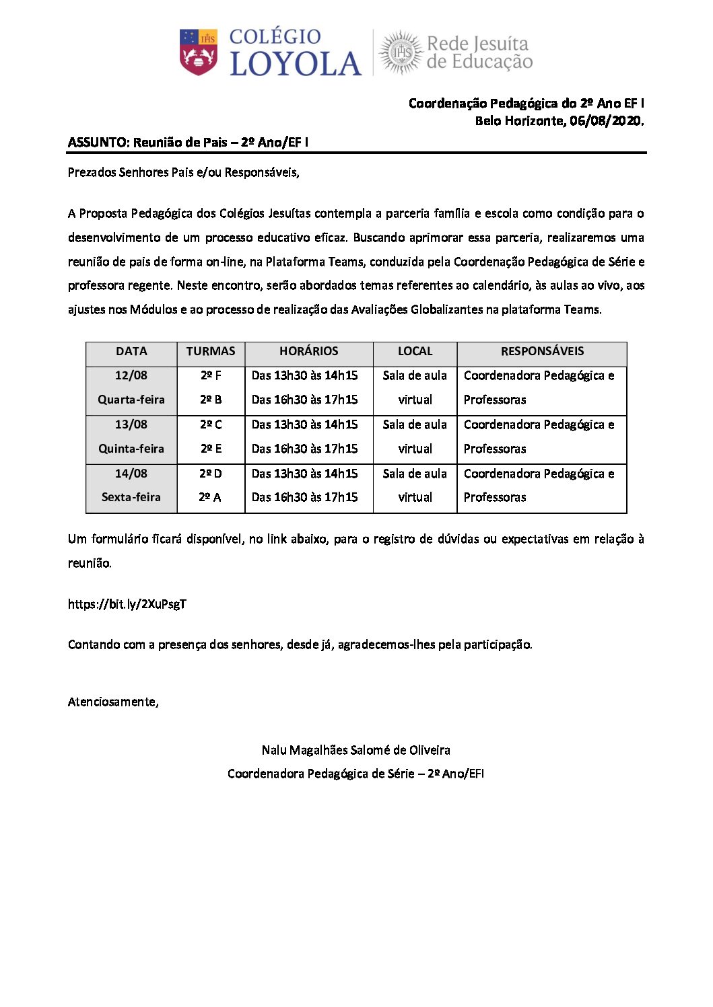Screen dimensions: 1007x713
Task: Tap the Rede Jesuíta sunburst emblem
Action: point(401,52)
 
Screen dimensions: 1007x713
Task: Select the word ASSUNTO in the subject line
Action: point(98,143)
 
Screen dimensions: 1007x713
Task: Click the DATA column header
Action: point(131,351)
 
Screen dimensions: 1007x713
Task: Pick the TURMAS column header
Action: point(211,351)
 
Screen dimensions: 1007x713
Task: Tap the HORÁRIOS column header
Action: point(309,351)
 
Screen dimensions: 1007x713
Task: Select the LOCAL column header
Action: point(415,351)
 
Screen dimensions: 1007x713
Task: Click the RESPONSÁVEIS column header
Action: point(542,351)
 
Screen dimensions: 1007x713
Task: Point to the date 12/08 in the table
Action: point(131,375)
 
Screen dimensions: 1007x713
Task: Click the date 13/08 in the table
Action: point(131,424)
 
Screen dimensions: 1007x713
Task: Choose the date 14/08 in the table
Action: point(131,474)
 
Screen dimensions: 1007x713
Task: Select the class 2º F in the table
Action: point(211,375)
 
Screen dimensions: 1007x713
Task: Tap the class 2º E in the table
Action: point(211,449)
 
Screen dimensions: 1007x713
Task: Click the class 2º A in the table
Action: point(210,497)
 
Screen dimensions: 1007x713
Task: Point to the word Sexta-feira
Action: point(131,497)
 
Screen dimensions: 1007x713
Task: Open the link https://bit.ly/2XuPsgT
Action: point(127,604)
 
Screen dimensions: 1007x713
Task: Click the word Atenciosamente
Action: point(112,702)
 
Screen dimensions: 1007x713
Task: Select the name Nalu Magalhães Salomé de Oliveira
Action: point(356,750)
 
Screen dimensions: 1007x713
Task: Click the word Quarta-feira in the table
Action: point(131,400)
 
